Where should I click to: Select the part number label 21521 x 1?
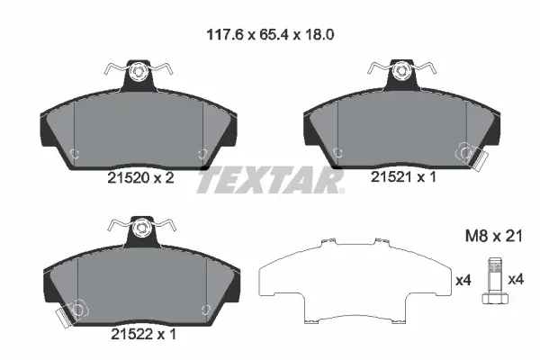click(x=403, y=179)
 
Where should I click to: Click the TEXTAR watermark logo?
click(x=270, y=181)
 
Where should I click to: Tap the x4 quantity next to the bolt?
click(x=516, y=280)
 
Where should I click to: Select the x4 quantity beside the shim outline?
click(x=463, y=280)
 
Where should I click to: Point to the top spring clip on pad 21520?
click(x=139, y=69)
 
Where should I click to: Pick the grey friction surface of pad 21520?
click(x=139, y=126)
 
